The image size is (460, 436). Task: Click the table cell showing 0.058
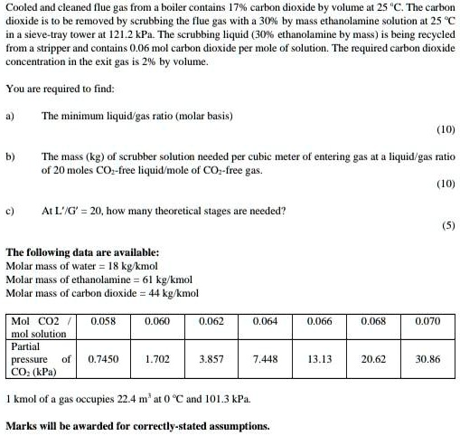[102, 321]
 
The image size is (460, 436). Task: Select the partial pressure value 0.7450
[102, 359]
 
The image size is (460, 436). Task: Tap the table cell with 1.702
[157, 359]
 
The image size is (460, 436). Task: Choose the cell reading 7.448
[265, 359]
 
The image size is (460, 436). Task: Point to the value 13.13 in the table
[319, 359]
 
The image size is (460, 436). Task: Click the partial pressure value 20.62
[373, 359]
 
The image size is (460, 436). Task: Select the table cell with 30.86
[427, 359]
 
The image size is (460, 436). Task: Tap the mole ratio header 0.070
[427, 321]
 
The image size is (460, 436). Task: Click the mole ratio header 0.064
[265, 321]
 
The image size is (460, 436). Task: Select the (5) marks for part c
[447, 226]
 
